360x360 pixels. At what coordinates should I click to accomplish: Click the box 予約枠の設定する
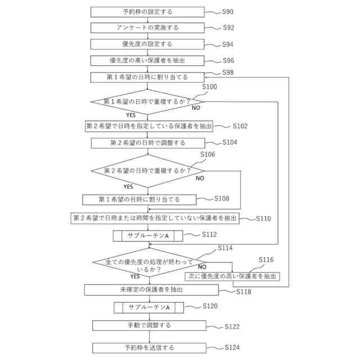pyautogui.click(x=147, y=12)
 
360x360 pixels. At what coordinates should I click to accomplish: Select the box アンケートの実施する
pyautogui.click(x=147, y=28)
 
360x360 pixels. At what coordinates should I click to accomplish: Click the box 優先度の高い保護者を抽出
pyautogui.click(x=147, y=60)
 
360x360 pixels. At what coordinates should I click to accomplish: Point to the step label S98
pyautogui.click(x=228, y=73)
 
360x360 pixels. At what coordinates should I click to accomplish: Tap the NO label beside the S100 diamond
pyautogui.click(x=196, y=107)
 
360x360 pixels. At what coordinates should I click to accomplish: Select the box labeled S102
pyautogui.click(x=148, y=126)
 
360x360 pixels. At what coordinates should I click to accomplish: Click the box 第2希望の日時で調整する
pyautogui.click(x=147, y=143)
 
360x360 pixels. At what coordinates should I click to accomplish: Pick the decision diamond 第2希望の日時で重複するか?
pyautogui.click(x=147, y=170)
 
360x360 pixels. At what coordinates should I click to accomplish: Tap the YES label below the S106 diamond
pyautogui.click(x=128, y=186)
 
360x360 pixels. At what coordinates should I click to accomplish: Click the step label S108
pyautogui.click(x=222, y=199)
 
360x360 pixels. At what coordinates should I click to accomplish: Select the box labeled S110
pyautogui.click(x=155, y=218)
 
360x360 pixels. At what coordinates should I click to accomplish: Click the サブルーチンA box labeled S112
pyautogui.click(x=148, y=236)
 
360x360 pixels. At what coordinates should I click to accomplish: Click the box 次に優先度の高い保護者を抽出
pyautogui.click(x=232, y=276)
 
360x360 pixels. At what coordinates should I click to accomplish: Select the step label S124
pyautogui.click(x=232, y=348)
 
